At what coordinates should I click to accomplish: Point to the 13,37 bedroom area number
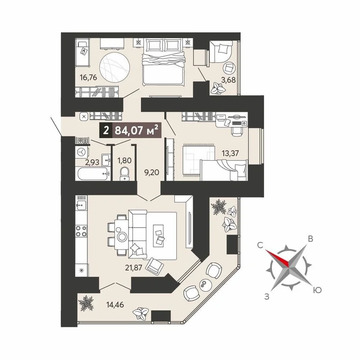(229, 153)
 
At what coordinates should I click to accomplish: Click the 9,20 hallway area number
(152, 172)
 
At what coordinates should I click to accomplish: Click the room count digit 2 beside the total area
(105, 128)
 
